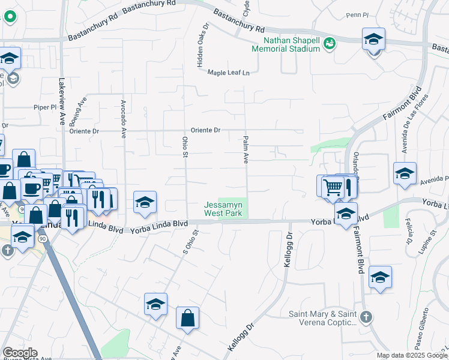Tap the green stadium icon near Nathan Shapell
328,43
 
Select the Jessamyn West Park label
223,209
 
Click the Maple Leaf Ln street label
228,73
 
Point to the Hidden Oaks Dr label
202,45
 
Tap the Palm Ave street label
246,150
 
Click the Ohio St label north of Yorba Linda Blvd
185,146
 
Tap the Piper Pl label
44,107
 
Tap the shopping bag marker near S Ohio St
187,317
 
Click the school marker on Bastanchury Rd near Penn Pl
373,40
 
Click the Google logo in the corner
20,353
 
